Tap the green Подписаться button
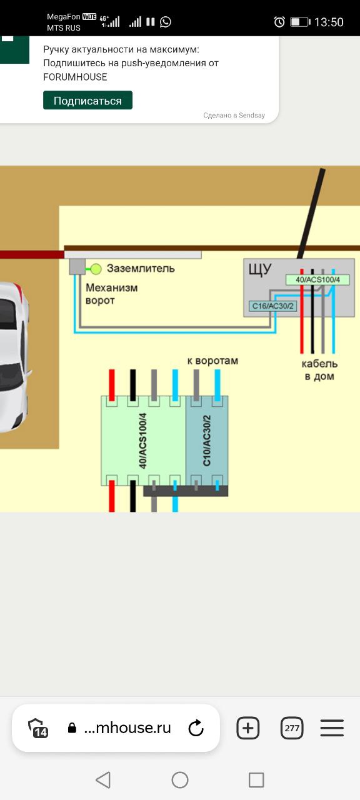pyautogui.click(x=87, y=100)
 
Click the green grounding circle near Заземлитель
pyautogui.click(x=96, y=269)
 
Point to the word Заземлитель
pyautogui.click(x=141, y=268)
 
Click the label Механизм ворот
pyautogui.click(x=111, y=294)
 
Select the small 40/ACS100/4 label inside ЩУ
pyautogui.click(x=317, y=279)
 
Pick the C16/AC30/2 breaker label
pyautogui.click(x=272, y=306)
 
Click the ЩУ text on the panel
pyautogui.click(x=260, y=269)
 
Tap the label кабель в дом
pyautogui.click(x=319, y=369)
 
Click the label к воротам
pyautogui.click(x=212, y=361)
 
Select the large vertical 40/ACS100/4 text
pyautogui.click(x=142, y=441)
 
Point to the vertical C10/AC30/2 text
pyautogui.click(x=207, y=441)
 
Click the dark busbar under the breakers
pyautogui.click(x=186, y=491)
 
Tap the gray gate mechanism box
pyautogui.click(x=77, y=267)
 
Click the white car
pyautogui.click(x=14, y=357)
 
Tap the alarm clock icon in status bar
pyautogui.click(x=279, y=22)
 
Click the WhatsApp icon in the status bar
pyautogui.click(x=166, y=22)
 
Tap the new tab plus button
pyautogui.click(x=248, y=727)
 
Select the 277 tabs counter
pyautogui.click(x=292, y=727)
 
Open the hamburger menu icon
pyautogui.click(x=332, y=727)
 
